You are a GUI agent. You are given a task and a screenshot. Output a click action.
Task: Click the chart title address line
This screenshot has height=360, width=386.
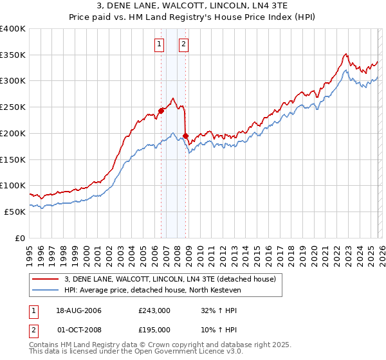[192, 6]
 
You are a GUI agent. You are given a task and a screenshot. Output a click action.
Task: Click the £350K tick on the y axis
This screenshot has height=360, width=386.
[13, 55]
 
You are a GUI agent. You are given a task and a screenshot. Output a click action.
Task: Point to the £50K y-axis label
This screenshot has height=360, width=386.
[15, 212]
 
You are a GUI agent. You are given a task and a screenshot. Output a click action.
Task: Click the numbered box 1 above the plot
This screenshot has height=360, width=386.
[159, 44]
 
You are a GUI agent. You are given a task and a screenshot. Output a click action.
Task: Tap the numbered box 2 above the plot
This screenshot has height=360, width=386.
[183, 44]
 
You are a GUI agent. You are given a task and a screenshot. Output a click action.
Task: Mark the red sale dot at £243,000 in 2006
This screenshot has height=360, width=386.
[161, 111]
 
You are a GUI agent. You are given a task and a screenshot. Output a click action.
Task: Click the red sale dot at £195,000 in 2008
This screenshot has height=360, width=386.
[185, 136]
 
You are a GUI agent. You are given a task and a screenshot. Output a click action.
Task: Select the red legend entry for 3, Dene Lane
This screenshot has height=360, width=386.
[170, 279]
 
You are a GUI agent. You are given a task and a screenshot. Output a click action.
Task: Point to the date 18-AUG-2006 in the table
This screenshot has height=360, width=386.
[80, 310]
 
